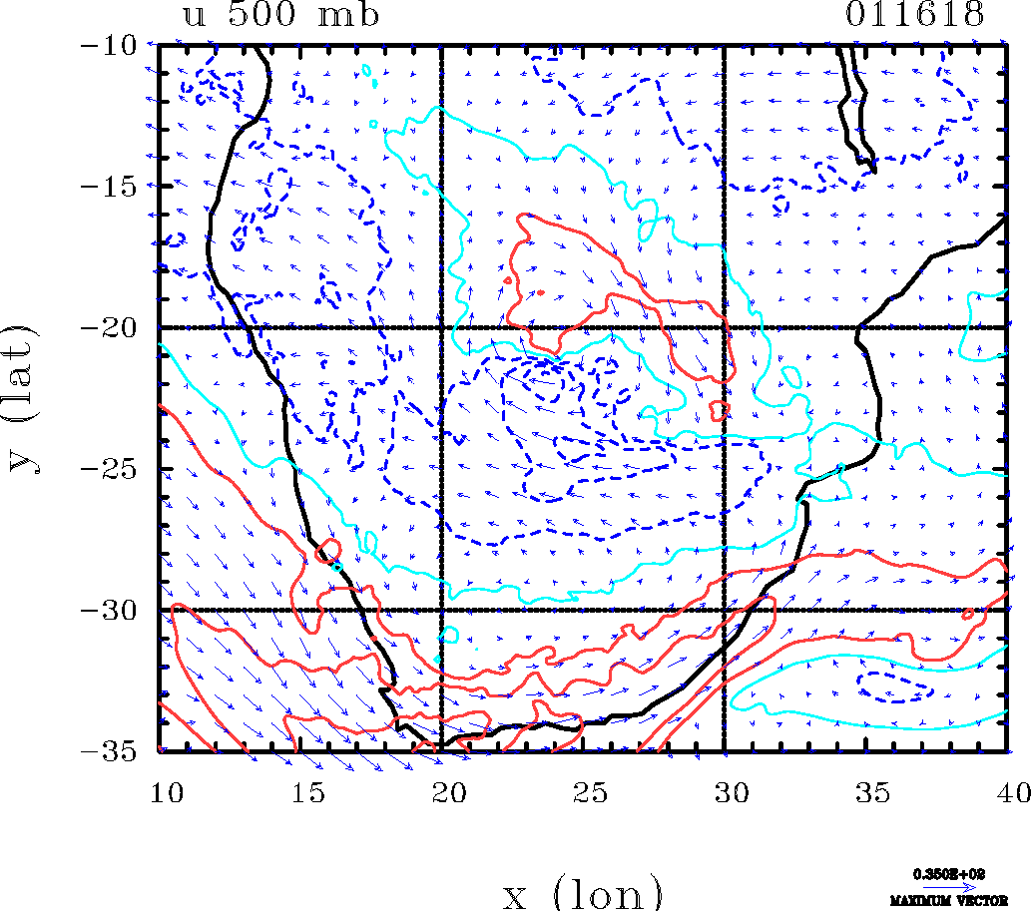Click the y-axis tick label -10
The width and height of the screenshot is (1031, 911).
point(114,45)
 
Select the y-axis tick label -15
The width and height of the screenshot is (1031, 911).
point(114,186)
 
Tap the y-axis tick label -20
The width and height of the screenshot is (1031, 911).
point(114,327)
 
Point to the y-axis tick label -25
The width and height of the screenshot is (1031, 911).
point(114,468)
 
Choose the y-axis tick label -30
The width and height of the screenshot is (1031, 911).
point(114,610)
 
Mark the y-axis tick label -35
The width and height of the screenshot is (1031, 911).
point(114,750)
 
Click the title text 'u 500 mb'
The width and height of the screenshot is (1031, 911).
point(280,15)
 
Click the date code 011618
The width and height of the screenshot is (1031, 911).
point(915,15)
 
